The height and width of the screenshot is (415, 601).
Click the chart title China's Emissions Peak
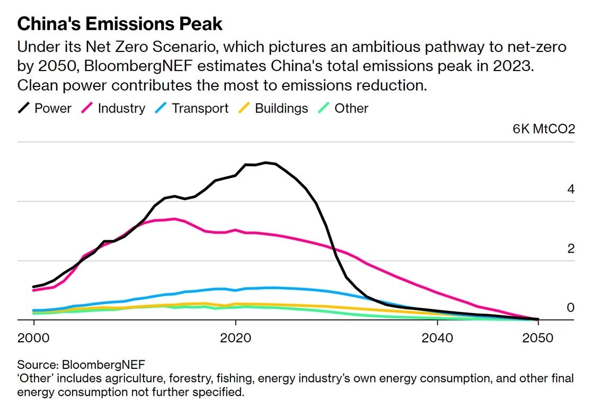click(x=120, y=24)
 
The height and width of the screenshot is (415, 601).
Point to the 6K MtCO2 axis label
click(x=544, y=129)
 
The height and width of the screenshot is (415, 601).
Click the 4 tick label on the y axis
click(x=571, y=189)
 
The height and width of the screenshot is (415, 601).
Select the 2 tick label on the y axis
click(x=571, y=248)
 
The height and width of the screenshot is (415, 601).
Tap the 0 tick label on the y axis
click(x=571, y=308)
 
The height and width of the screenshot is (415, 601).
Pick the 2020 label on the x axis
click(x=235, y=338)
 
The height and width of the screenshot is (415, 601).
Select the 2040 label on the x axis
click(x=437, y=338)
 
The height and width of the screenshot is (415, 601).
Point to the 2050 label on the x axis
click(x=538, y=338)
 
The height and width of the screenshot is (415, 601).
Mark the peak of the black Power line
click(x=266, y=162)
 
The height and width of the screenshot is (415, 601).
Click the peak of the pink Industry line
click(x=174, y=219)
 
